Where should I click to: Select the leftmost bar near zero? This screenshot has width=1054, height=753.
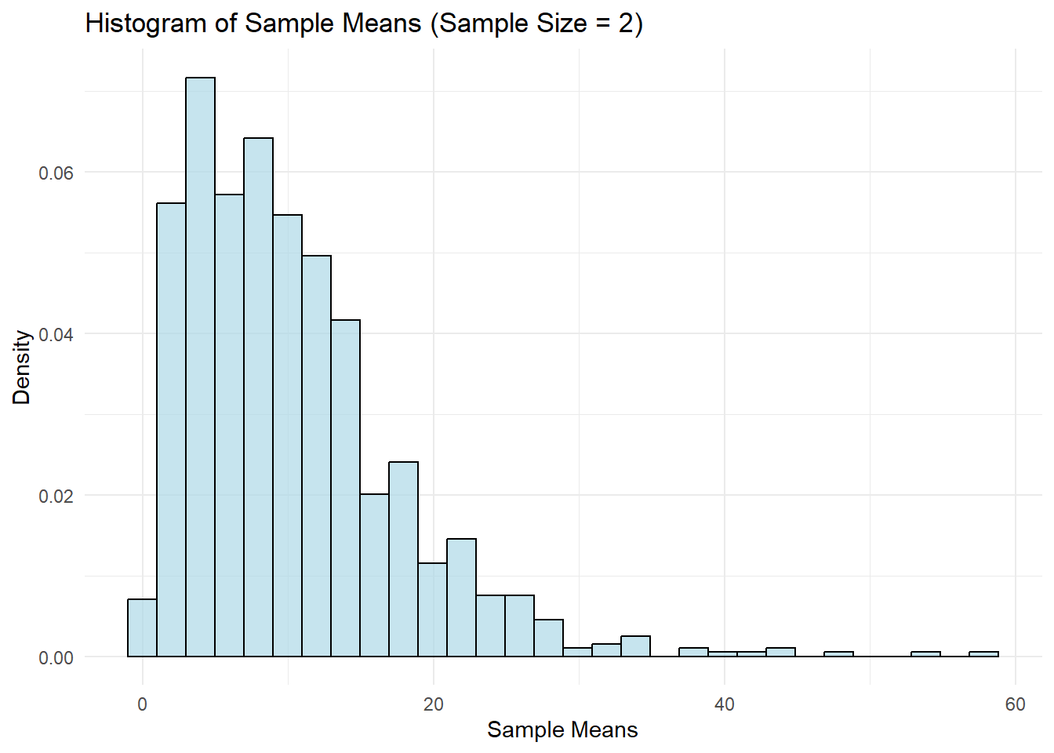pyautogui.click(x=142, y=627)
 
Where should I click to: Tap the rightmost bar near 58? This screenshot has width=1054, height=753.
pyautogui.click(x=983, y=654)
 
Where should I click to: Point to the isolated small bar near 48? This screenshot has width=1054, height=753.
pyautogui.click(x=838, y=654)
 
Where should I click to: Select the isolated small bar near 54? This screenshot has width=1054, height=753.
pyautogui.click(x=925, y=654)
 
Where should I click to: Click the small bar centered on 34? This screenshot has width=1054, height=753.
pyautogui.click(x=635, y=646)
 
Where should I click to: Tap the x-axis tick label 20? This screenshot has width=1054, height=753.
pyautogui.click(x=433, y=704)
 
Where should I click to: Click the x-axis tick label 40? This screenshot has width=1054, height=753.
pyautogui.click(x=724, y=704)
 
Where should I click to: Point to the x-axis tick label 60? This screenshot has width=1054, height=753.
pyautogui.click(x=1015, y=704)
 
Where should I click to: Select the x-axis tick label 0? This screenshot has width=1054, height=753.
pyautogui.click(x=142, y=704)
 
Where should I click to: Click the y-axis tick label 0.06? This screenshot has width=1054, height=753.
pyautogui.click(x=56, y=173)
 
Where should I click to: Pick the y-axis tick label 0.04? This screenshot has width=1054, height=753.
pyautogui.click(x=56, y=334)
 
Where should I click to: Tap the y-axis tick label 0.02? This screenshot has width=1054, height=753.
pyautogui.click(x=56, y=496)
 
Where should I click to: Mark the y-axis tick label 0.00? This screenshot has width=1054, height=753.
pyautogui.click(x=56, y=657)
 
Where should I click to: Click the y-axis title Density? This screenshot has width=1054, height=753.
pyautogui.click(x=22, y=366)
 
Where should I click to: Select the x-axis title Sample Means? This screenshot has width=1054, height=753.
pyautogui.click(x=562, y=730)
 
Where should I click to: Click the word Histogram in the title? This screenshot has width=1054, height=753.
pyautogui.click(x=146, y=24)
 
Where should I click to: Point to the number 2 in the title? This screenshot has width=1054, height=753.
pyautogui.click(x=625, y=24)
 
